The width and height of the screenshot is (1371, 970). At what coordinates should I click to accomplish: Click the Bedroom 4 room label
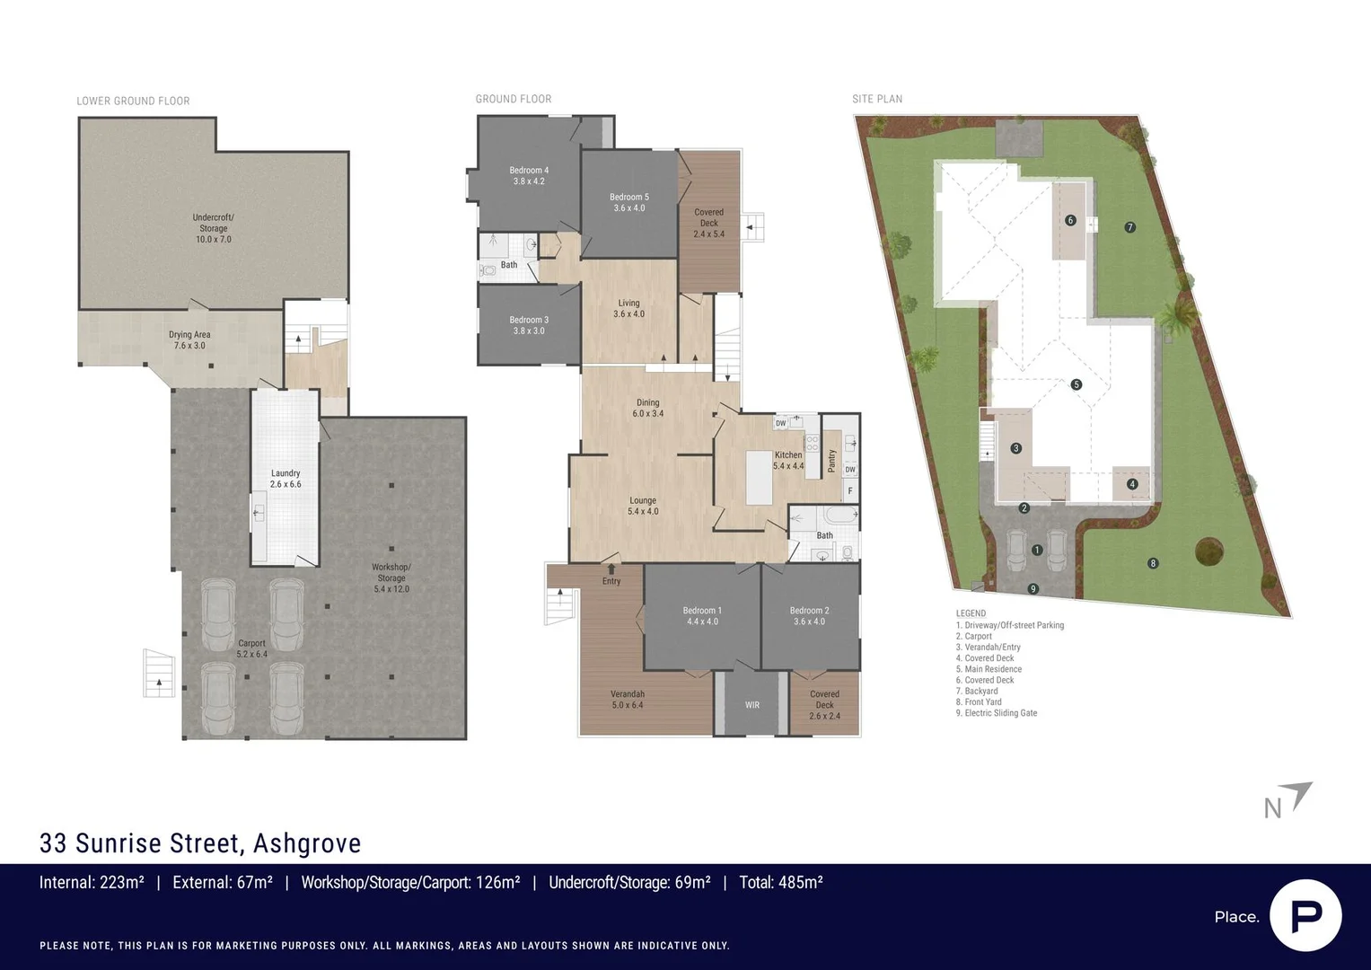click(x=529, y=176)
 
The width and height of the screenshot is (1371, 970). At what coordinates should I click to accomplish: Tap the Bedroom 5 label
click(x=628, y=203)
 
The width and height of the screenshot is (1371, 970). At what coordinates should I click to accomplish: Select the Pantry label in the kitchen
click(x=831, y=461)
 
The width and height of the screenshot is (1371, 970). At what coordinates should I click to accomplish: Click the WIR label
click(x=752, y=705)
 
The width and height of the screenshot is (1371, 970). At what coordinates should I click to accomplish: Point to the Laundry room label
click(x=286, y=479)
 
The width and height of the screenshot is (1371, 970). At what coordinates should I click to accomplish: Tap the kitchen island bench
click(x=759, y=478)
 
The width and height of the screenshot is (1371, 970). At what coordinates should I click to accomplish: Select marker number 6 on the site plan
click(x=1070, y=220)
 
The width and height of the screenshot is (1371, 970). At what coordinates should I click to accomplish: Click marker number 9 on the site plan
click(x=1033, y=589)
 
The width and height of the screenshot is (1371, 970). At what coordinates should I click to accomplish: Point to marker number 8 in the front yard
click(x=1153, y=563)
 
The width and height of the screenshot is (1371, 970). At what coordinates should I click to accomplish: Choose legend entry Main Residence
click(x=989, y=669)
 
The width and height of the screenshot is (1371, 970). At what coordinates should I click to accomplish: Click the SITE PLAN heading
click(x=877, y=99)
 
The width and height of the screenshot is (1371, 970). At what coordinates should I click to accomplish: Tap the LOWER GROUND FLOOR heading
click(x=133, y=101)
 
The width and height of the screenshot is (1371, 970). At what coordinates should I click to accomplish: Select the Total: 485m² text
click(x=781, y=883)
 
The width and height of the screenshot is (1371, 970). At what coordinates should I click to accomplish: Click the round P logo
click(x=1305, y=915)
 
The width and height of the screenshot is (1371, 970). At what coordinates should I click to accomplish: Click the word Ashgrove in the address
click(x=307, y=843)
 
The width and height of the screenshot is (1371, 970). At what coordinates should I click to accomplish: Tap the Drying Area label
click(x=189, y=339)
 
